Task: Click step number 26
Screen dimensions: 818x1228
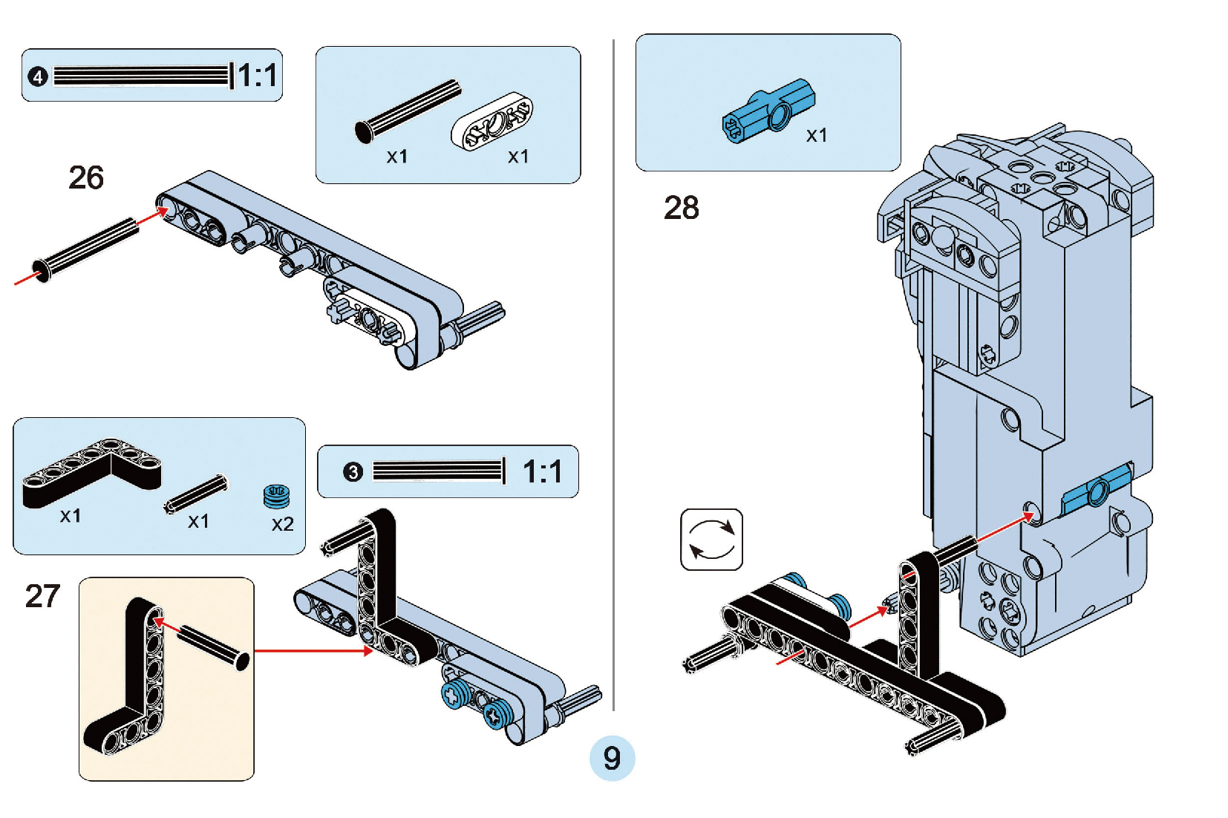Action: click(86, 178)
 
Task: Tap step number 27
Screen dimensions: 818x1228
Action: click(42, 596)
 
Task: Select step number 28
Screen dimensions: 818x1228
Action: click(681, 208)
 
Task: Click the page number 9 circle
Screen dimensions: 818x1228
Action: click(612, 758)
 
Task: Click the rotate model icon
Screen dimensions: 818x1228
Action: click(711, 540)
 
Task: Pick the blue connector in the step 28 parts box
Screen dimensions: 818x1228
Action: click(768, 111)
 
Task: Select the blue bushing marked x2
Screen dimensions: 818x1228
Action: click(276, 496)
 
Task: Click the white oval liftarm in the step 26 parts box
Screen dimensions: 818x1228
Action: click(491, 122)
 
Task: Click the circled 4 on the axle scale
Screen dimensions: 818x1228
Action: click(38, 76)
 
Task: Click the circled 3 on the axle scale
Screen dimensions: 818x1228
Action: click(353, 472)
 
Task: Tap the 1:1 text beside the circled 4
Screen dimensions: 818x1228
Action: click(258, 76)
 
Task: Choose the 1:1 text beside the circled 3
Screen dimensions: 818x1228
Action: click(542, 472)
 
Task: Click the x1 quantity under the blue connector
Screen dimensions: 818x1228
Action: click(817, 136)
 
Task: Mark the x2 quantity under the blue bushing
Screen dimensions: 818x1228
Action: click(282, 525)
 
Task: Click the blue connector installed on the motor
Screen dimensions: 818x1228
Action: click(1097, 490)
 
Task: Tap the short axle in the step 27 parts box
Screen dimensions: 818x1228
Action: click(196, 494)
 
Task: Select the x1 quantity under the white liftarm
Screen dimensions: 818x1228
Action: click(518, 157)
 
